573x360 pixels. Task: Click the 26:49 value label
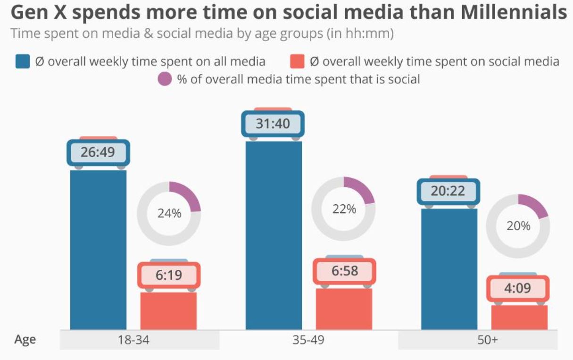(x=98, y=152)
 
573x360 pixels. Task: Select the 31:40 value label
(x=273, y=124)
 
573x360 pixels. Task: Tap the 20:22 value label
(x=448, y=191)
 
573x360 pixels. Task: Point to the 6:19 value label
(x=169, y=275)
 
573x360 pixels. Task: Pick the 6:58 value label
(x=344, y=271)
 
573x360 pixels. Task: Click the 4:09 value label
(x=517, y=288)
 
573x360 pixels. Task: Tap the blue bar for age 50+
(x=449, y=268)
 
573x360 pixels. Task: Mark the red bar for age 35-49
(x=344, y=309)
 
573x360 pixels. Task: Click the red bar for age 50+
(x=519, y=317)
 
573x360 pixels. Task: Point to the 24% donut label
(x=169, y=213)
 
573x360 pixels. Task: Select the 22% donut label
(x=344, y=209)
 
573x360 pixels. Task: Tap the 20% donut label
(x=518, y=226)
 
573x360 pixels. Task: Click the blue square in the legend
(x=23, y=61)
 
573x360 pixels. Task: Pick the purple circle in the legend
(x=164, y=79)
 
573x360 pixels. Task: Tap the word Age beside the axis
(x=25, y=340)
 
